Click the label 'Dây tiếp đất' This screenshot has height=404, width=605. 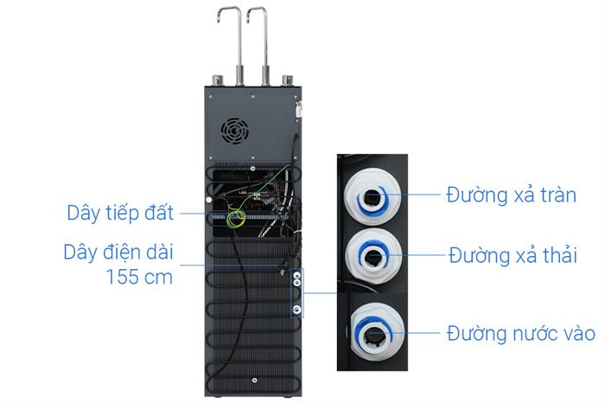(x=120, y=213)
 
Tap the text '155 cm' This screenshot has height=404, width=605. (x=139, y=277)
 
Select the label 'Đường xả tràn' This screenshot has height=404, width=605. (x=512, y=195)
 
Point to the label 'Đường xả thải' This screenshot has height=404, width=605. (x=513, y=255)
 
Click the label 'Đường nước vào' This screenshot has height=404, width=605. (x=521, y=333)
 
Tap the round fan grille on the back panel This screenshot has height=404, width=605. (x=234, y=131)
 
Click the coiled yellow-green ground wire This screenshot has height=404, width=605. (x=236, y=219)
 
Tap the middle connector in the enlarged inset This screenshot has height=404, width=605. (x=373, y=256)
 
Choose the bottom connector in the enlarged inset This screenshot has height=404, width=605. (x=377, y=333)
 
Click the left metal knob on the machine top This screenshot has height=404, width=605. (x=218, y=80)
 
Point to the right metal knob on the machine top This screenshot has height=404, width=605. (x=288, y=80)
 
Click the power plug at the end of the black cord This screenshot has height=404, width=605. (x=283, y=270)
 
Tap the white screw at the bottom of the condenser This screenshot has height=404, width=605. (x=254, y=381)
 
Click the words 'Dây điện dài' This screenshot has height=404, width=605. (x=118, y=253)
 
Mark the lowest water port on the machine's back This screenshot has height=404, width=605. (x=297, y=309)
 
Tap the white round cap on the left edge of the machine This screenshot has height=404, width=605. (x=209, y=200)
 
